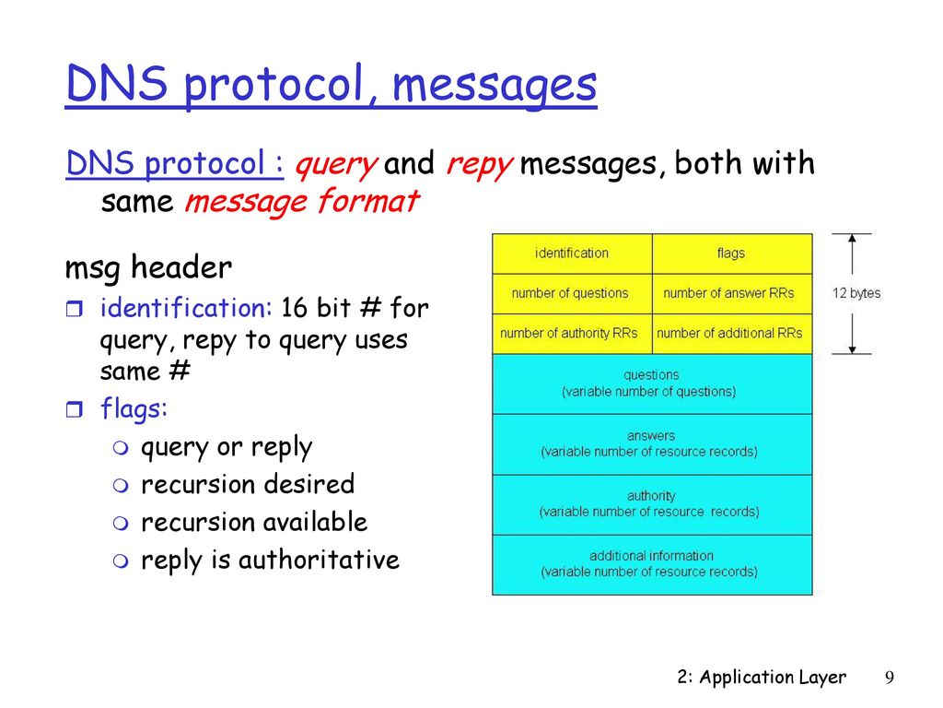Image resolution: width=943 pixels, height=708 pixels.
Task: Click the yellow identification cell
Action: point(572,254)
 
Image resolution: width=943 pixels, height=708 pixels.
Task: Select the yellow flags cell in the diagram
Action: point(732,254)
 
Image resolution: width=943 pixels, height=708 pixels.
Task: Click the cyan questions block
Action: point(652,384)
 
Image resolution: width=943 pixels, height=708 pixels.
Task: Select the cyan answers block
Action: point(652,444)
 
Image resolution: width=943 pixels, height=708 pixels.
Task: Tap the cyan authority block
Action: point(652,504)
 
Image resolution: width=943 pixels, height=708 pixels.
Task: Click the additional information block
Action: point(652,565)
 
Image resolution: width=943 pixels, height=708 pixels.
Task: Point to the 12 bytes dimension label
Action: point(856,293)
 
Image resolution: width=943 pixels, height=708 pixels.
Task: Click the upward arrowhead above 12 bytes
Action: point(852,238)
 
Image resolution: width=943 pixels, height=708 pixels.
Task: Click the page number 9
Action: point(890,678)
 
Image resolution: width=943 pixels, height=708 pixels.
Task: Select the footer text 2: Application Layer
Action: point(762,678)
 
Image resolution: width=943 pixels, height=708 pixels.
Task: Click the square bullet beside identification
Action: point(74,310)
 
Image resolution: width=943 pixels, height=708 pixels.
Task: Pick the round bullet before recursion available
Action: point(121,524)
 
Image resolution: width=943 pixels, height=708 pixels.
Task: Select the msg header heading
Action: point(148,267)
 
